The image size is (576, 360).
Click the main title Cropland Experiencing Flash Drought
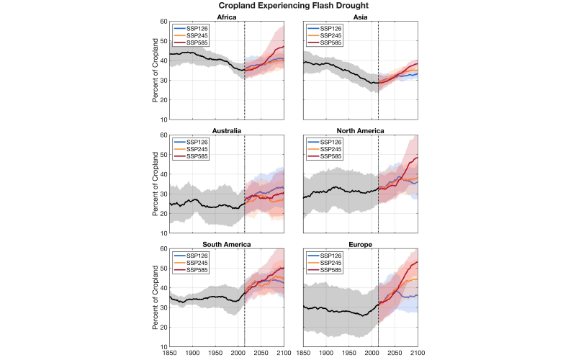tap(288, 6)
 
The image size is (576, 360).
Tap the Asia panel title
tap(361, 17)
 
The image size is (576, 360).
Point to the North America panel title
tap(361, 131)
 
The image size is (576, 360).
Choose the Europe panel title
tap(361, 245)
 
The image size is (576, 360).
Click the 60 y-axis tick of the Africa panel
tap(163, 22)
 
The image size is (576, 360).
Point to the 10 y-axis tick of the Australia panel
tap(163, 233)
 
